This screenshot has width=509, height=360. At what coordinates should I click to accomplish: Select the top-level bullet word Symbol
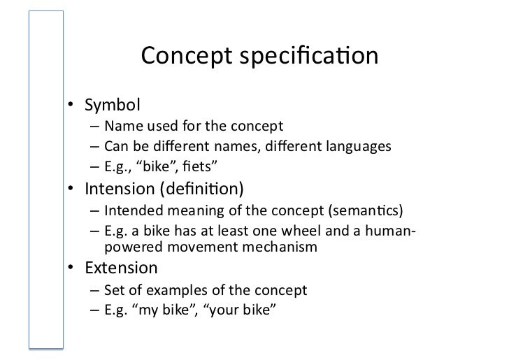tap(113, 106)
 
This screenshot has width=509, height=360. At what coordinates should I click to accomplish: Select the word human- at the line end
tap(387, 230)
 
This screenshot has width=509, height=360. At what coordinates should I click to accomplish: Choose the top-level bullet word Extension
tap(121, 268)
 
